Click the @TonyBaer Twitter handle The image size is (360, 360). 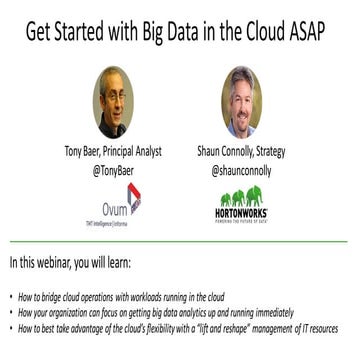[113, 169]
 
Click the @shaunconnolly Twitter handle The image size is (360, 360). [243, 169]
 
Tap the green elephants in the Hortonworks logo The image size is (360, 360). [244, 198]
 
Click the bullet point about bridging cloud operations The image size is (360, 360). [140, 297]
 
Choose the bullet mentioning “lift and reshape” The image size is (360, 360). [179, 327]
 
